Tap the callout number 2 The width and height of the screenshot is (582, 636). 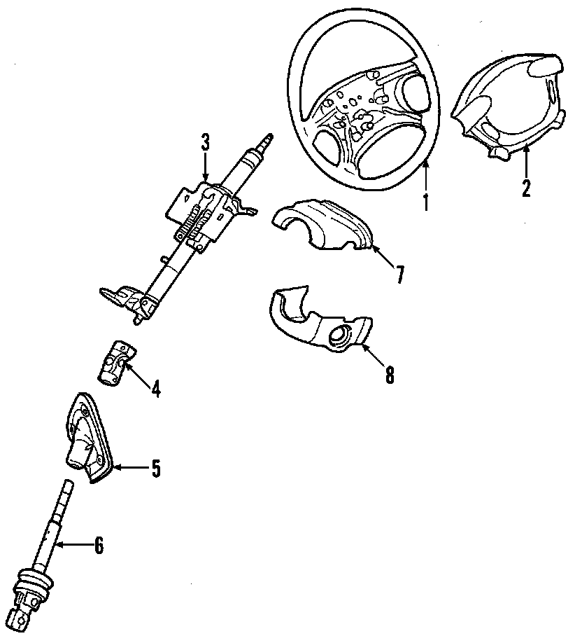pos(526,187)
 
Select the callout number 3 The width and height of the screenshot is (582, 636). pos(205,142)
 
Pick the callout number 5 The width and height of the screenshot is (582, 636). pos(156,469)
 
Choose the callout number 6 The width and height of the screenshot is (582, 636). pos(98,544)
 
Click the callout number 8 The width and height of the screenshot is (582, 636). pos(389,375)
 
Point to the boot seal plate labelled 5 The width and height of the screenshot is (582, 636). pos(87,438)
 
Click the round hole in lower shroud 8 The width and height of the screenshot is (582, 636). pos(341,337)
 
